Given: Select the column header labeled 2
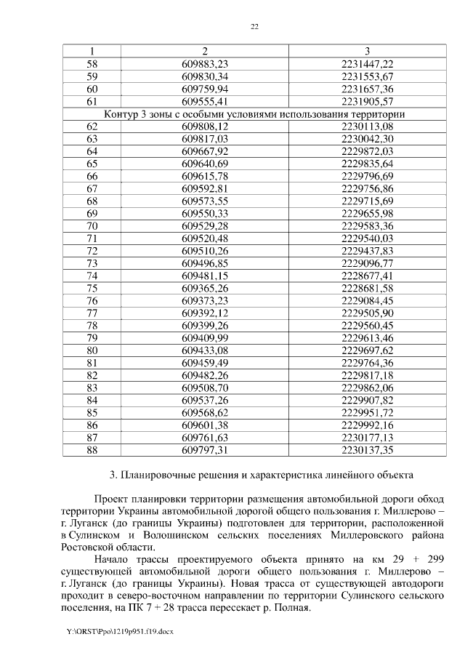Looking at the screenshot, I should point(205,51).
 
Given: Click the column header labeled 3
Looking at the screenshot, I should point(367,51).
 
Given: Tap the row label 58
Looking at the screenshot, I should point(92,64).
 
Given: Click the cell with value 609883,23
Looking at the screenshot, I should point(205,64).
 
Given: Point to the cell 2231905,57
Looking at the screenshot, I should point(367,102).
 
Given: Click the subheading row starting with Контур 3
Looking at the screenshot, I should point(254,114).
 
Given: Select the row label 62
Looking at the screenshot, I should point(92,127).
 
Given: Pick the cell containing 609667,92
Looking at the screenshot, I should point(205,151).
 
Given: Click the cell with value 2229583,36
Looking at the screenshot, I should point(367,226).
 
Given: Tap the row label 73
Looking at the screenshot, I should point(92,263).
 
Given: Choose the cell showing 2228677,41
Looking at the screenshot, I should point(367,276).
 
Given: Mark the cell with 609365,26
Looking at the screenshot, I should point(205,289).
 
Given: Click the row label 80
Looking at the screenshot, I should point(92,350).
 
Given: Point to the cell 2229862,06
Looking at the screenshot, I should point(367,388).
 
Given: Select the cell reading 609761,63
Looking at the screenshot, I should point(205,438).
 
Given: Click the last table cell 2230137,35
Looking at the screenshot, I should point(367,450).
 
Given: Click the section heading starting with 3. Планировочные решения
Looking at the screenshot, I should point(262,476).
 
